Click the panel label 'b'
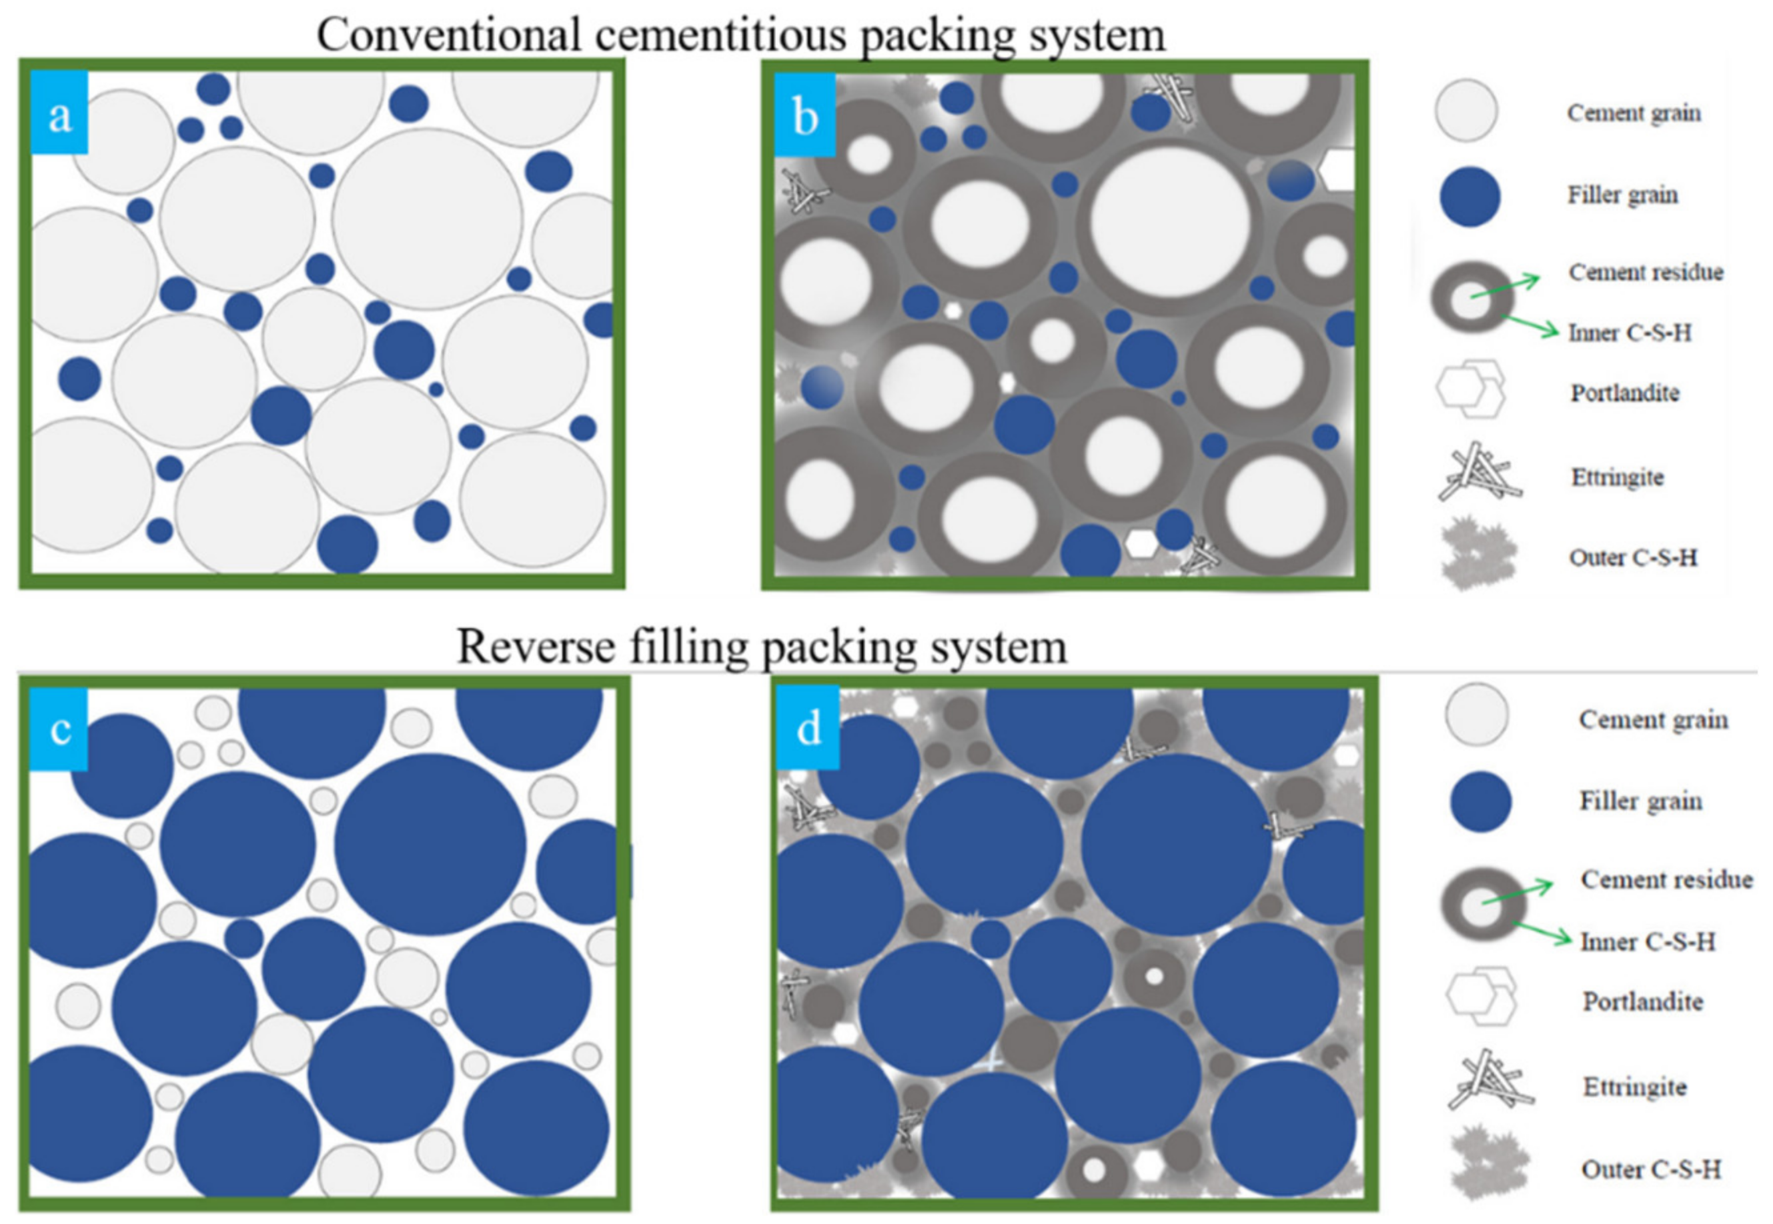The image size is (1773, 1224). (x=805, y=117)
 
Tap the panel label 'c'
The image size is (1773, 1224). (x=60, y=729)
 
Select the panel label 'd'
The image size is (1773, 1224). (x=809, y=729)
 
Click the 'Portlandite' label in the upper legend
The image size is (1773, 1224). (x=1624, y=393)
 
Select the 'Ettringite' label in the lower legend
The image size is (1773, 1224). (x=1634, y=1087)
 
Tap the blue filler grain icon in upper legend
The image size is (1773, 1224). (x=1469, y=196)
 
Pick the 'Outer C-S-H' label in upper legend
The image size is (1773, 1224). (x=1632, y=557)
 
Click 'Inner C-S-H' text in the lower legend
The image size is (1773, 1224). (x=1647, y=941)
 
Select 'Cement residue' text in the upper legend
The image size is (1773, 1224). (x=1645, y=271)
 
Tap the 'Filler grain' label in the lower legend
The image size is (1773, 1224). (x=1640, y=801)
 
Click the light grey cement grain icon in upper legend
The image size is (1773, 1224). (x=1466, y=111)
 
